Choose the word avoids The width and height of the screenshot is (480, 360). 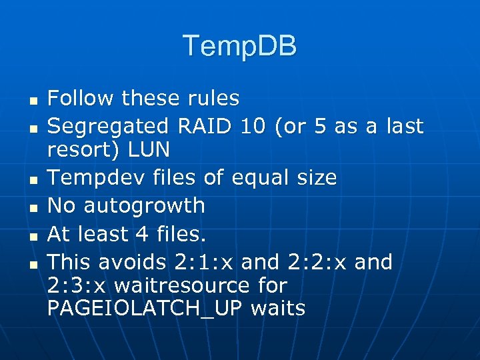click(145, 262)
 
